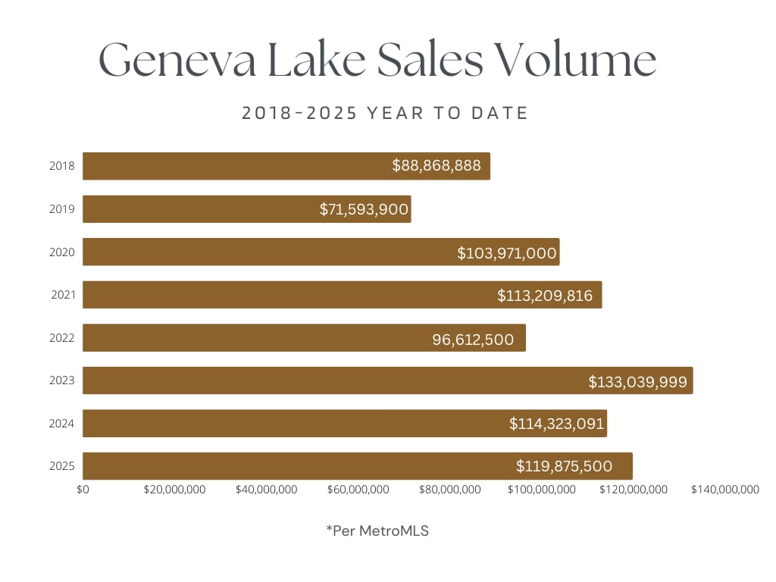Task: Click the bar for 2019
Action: tap(246, 209)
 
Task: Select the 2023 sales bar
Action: tap(387, 380)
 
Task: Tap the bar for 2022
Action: tap(304, 338)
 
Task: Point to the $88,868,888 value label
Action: tap(436, 166)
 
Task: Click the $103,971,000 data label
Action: tap(507, 252)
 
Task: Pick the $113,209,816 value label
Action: tap(545, 296)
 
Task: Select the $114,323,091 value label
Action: tap(556, 424)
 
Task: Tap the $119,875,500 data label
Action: tap(564, 466)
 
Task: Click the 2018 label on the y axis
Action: tap(61, 166)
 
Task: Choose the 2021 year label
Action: tap(61, 295)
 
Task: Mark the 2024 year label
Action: tap(61, 424)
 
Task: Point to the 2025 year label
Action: tap(61, 466)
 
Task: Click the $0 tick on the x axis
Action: tap(83, 490)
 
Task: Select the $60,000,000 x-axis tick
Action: tap(358, 490)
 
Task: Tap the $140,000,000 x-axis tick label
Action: tap(724, 490)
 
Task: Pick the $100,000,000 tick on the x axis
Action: tap(541, 490)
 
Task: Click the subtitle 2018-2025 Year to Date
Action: tap(385, 114)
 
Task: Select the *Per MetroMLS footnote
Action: tap(377, 530)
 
